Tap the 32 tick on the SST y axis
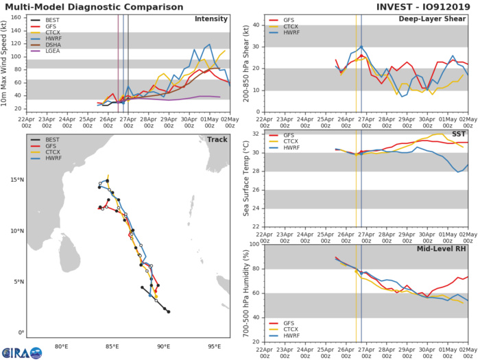click(x=254, y=134)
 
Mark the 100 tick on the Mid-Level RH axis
click(x=251, y=243)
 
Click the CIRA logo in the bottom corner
click(x=21, y=351)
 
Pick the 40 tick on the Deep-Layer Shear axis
click(x=254, y=26)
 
